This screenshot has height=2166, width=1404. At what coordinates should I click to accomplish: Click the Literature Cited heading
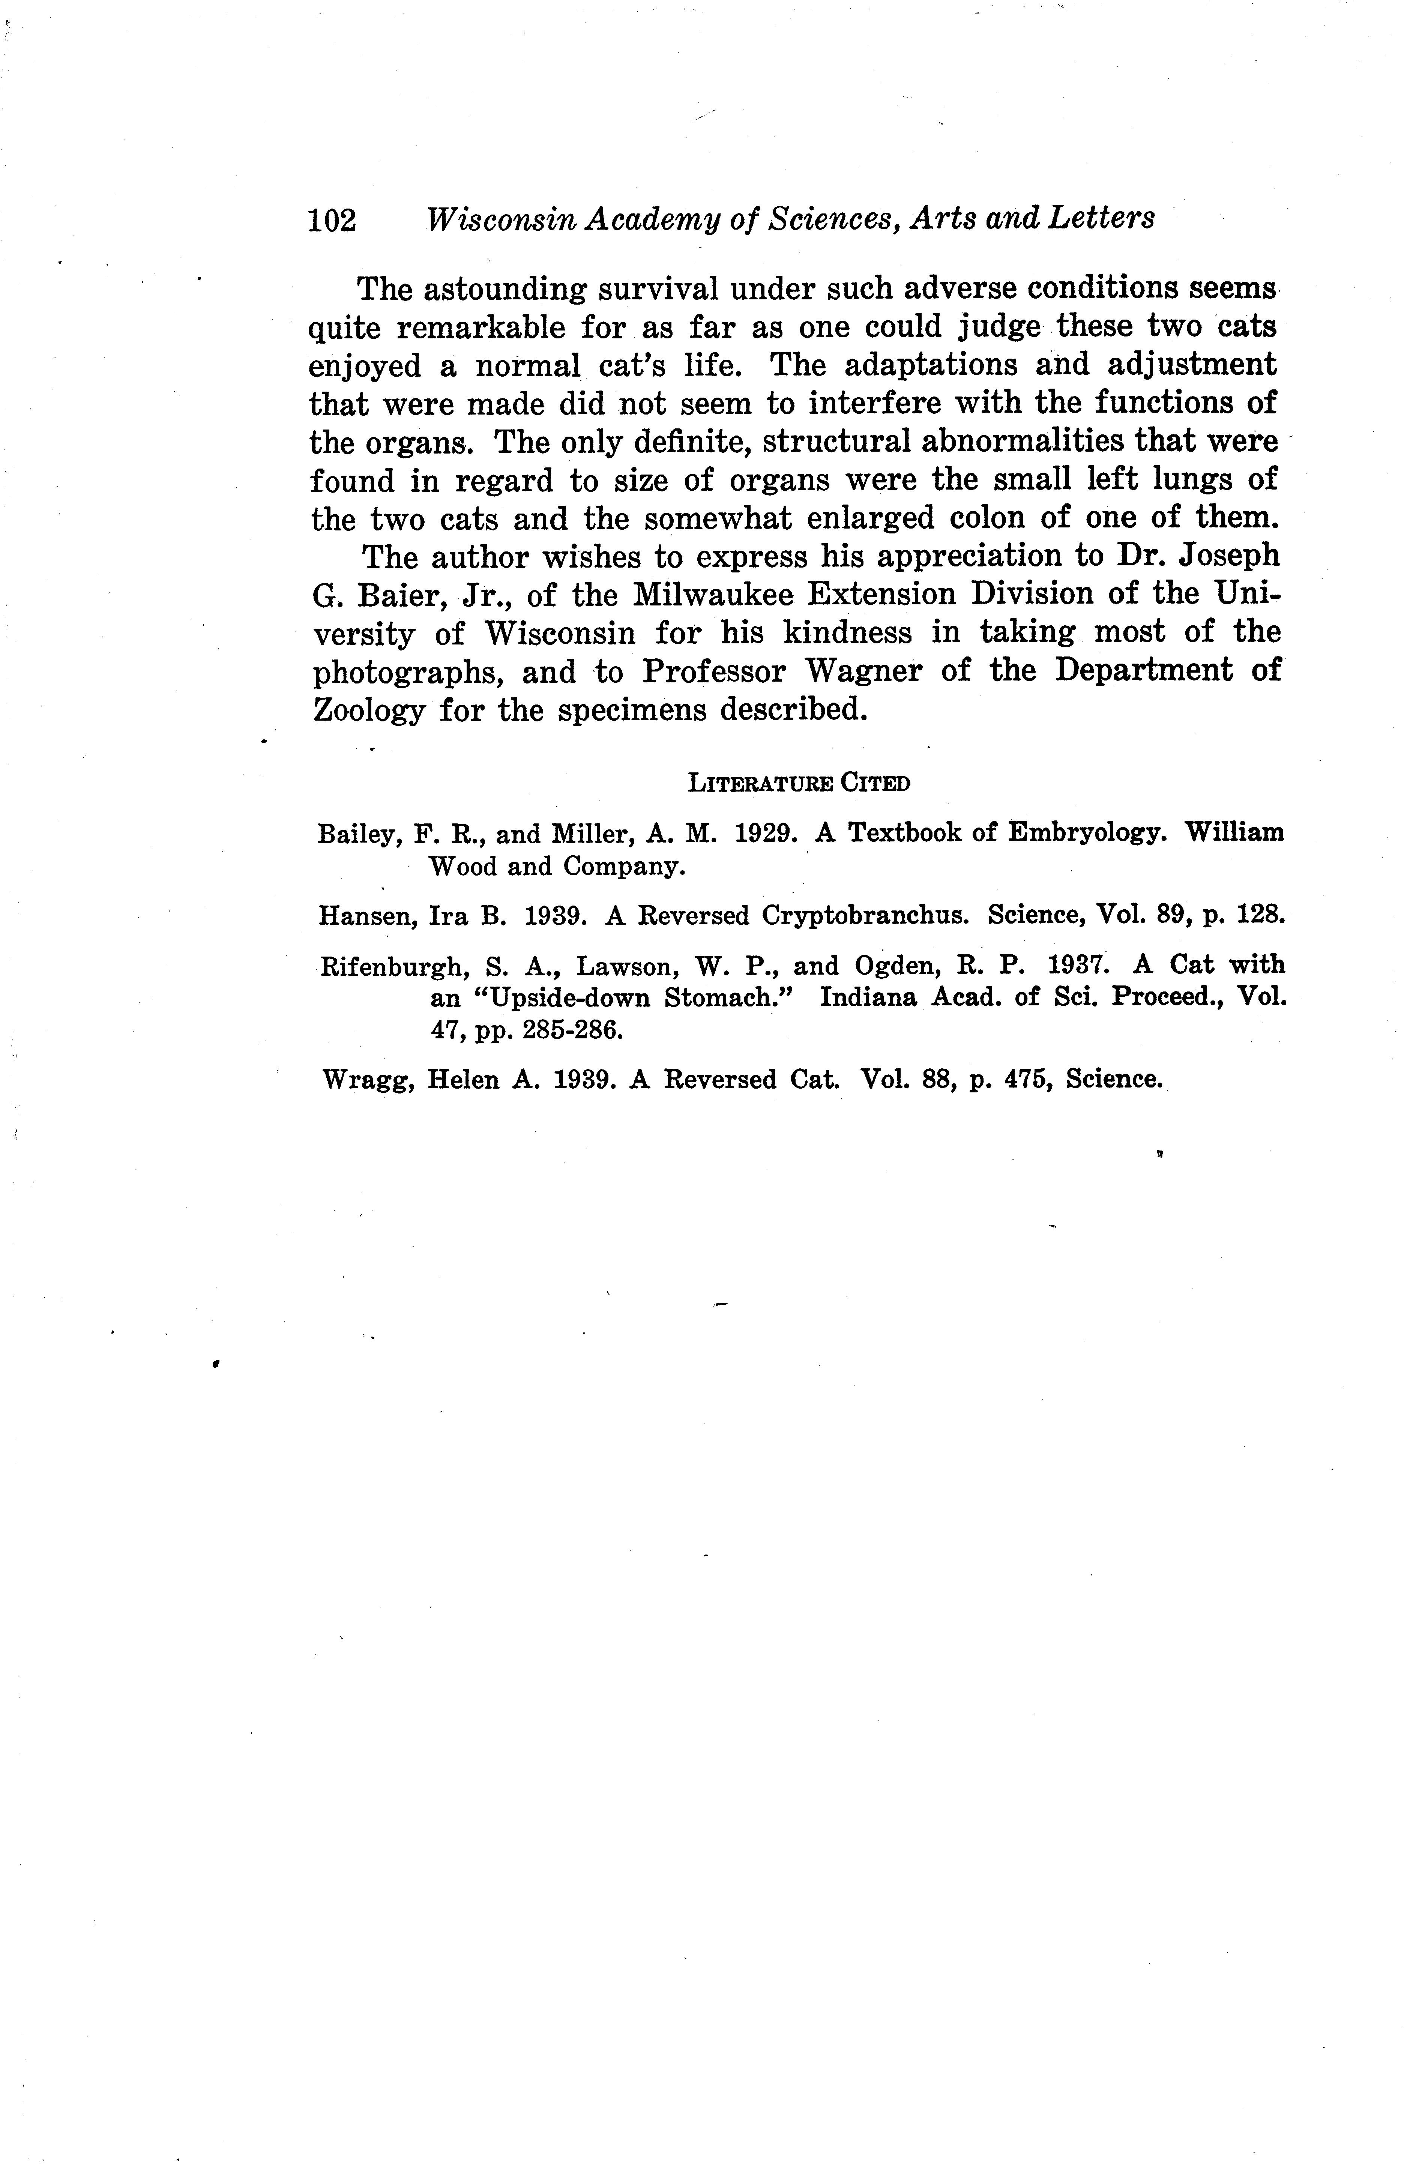799,783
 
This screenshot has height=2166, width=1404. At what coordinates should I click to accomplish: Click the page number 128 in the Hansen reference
1261,915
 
